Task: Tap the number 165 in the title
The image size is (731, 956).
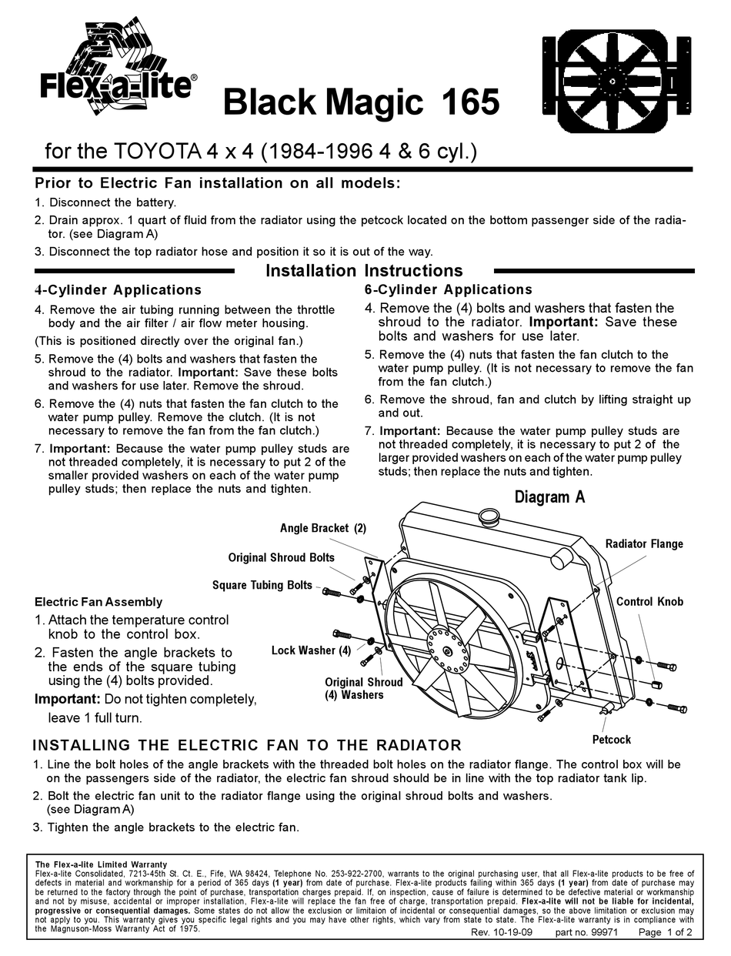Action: point(470,102)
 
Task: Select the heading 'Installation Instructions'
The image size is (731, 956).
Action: point(364,271)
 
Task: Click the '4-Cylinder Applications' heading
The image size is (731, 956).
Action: point(118,290)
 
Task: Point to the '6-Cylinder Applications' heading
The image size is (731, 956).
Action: point(448,290)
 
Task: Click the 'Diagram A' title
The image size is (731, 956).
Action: point(549,497)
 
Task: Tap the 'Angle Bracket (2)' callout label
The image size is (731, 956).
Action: point(322,529)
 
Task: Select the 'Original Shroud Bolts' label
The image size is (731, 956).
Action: point(281,557)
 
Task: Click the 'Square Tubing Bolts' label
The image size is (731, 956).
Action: point(262,585)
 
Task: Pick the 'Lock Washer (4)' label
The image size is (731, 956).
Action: point(311,650)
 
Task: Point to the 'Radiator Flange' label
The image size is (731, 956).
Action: point(643,544)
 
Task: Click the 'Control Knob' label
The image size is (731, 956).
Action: point(649,601)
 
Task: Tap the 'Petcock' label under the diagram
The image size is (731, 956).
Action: point(611,740)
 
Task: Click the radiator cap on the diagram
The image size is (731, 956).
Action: point(488,515)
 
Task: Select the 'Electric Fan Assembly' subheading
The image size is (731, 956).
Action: point(98,602)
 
